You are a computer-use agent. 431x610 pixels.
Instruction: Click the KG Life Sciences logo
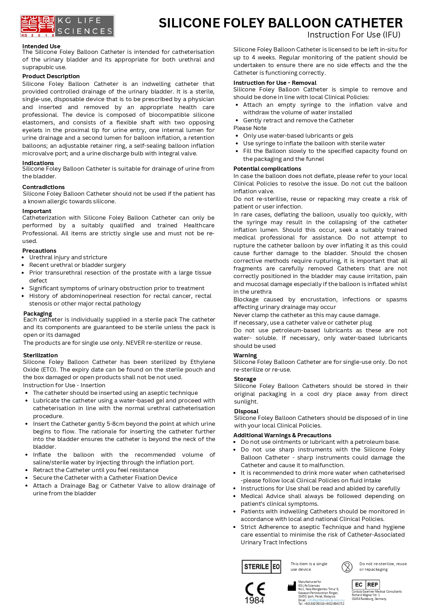click(x=67, y=26)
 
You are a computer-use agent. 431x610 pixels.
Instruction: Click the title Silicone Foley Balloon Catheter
click(x=281, y=23)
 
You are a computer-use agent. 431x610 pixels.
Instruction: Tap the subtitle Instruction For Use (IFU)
click(x=354, y=35)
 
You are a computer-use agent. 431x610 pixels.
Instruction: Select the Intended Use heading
click(x=41, y=46)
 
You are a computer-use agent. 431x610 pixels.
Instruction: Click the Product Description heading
click(x=51, y=76)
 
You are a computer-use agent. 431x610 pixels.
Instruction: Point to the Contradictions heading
click(x=43, y=187)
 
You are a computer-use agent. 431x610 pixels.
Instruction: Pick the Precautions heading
click(x=39, y=251)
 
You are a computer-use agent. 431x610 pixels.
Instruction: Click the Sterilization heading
click(x=40, y=355)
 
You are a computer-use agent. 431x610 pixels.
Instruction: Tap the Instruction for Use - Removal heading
click(x=275, y=83)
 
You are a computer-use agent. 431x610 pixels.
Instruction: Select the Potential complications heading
click(x=267, y=169)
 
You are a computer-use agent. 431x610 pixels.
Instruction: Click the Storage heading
click(x=245, y=379)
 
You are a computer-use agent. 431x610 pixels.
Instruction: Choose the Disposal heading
click(x=246, y=411)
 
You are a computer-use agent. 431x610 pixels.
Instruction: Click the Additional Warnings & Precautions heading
click(x=282, y=435)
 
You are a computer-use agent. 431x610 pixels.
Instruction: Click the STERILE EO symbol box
click(x=261, y=567)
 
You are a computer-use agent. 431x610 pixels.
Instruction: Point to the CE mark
click(x=255, y=589)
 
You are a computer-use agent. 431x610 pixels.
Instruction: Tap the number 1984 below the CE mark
click(x=255, y=600)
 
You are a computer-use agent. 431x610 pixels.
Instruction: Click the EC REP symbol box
click(x=366, y=585)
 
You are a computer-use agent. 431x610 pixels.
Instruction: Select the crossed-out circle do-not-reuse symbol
click(x=347, y=567)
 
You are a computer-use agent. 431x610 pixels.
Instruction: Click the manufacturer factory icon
click(x=292, y=587)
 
